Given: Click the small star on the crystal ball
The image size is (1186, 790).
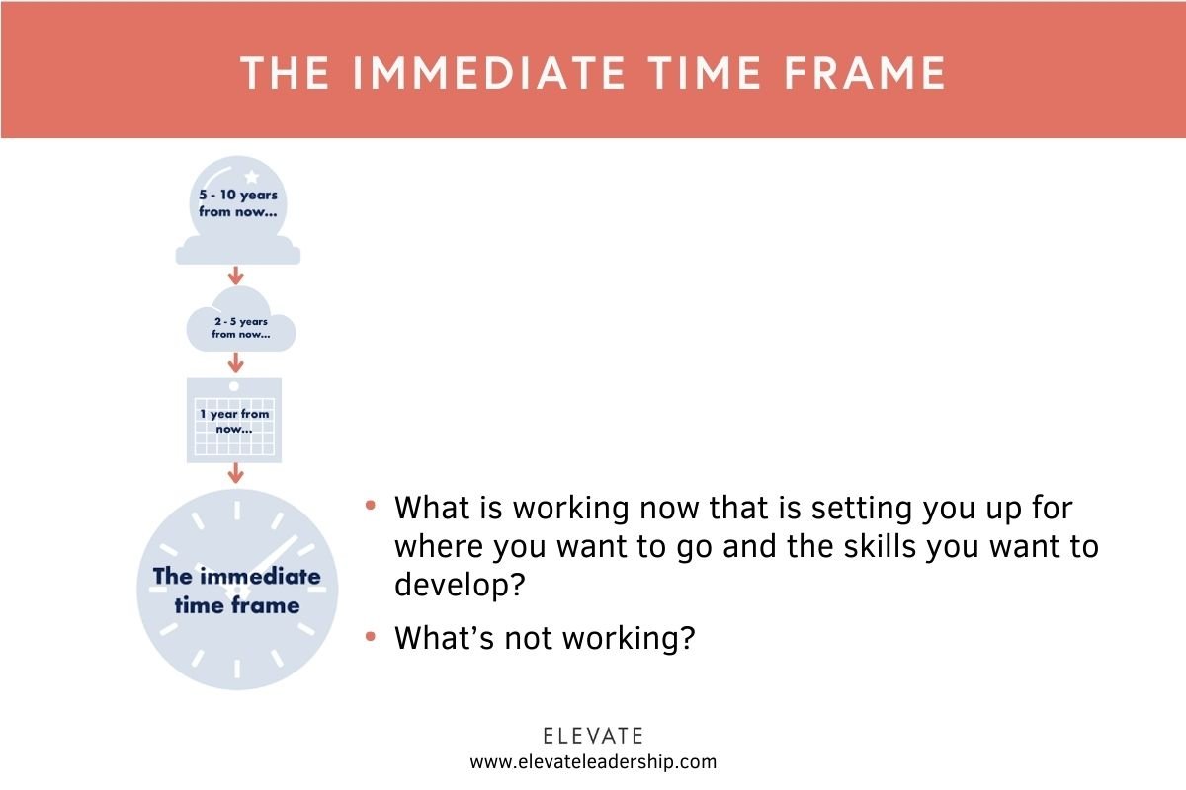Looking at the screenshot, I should [251, 177].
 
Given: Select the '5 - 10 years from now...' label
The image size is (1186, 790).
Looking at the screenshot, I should [237, 203].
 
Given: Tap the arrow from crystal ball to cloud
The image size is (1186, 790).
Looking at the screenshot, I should [236, 275].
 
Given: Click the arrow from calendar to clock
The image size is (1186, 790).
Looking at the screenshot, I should [235, 473].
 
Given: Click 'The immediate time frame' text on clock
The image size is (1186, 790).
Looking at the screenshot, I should [236, 590].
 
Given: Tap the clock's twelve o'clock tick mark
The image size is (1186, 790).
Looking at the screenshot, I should [237, 510].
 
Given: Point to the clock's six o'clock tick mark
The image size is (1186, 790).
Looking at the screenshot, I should [237, 670].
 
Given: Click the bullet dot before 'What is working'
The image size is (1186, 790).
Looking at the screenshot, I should [371, 506].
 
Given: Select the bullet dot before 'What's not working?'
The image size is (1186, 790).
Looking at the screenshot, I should [371, 637].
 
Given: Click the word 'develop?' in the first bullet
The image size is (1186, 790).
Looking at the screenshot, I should [459, 585].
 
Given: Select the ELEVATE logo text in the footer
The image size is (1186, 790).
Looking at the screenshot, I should [593, 736].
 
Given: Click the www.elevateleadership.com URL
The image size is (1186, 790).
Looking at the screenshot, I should [593, 761].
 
